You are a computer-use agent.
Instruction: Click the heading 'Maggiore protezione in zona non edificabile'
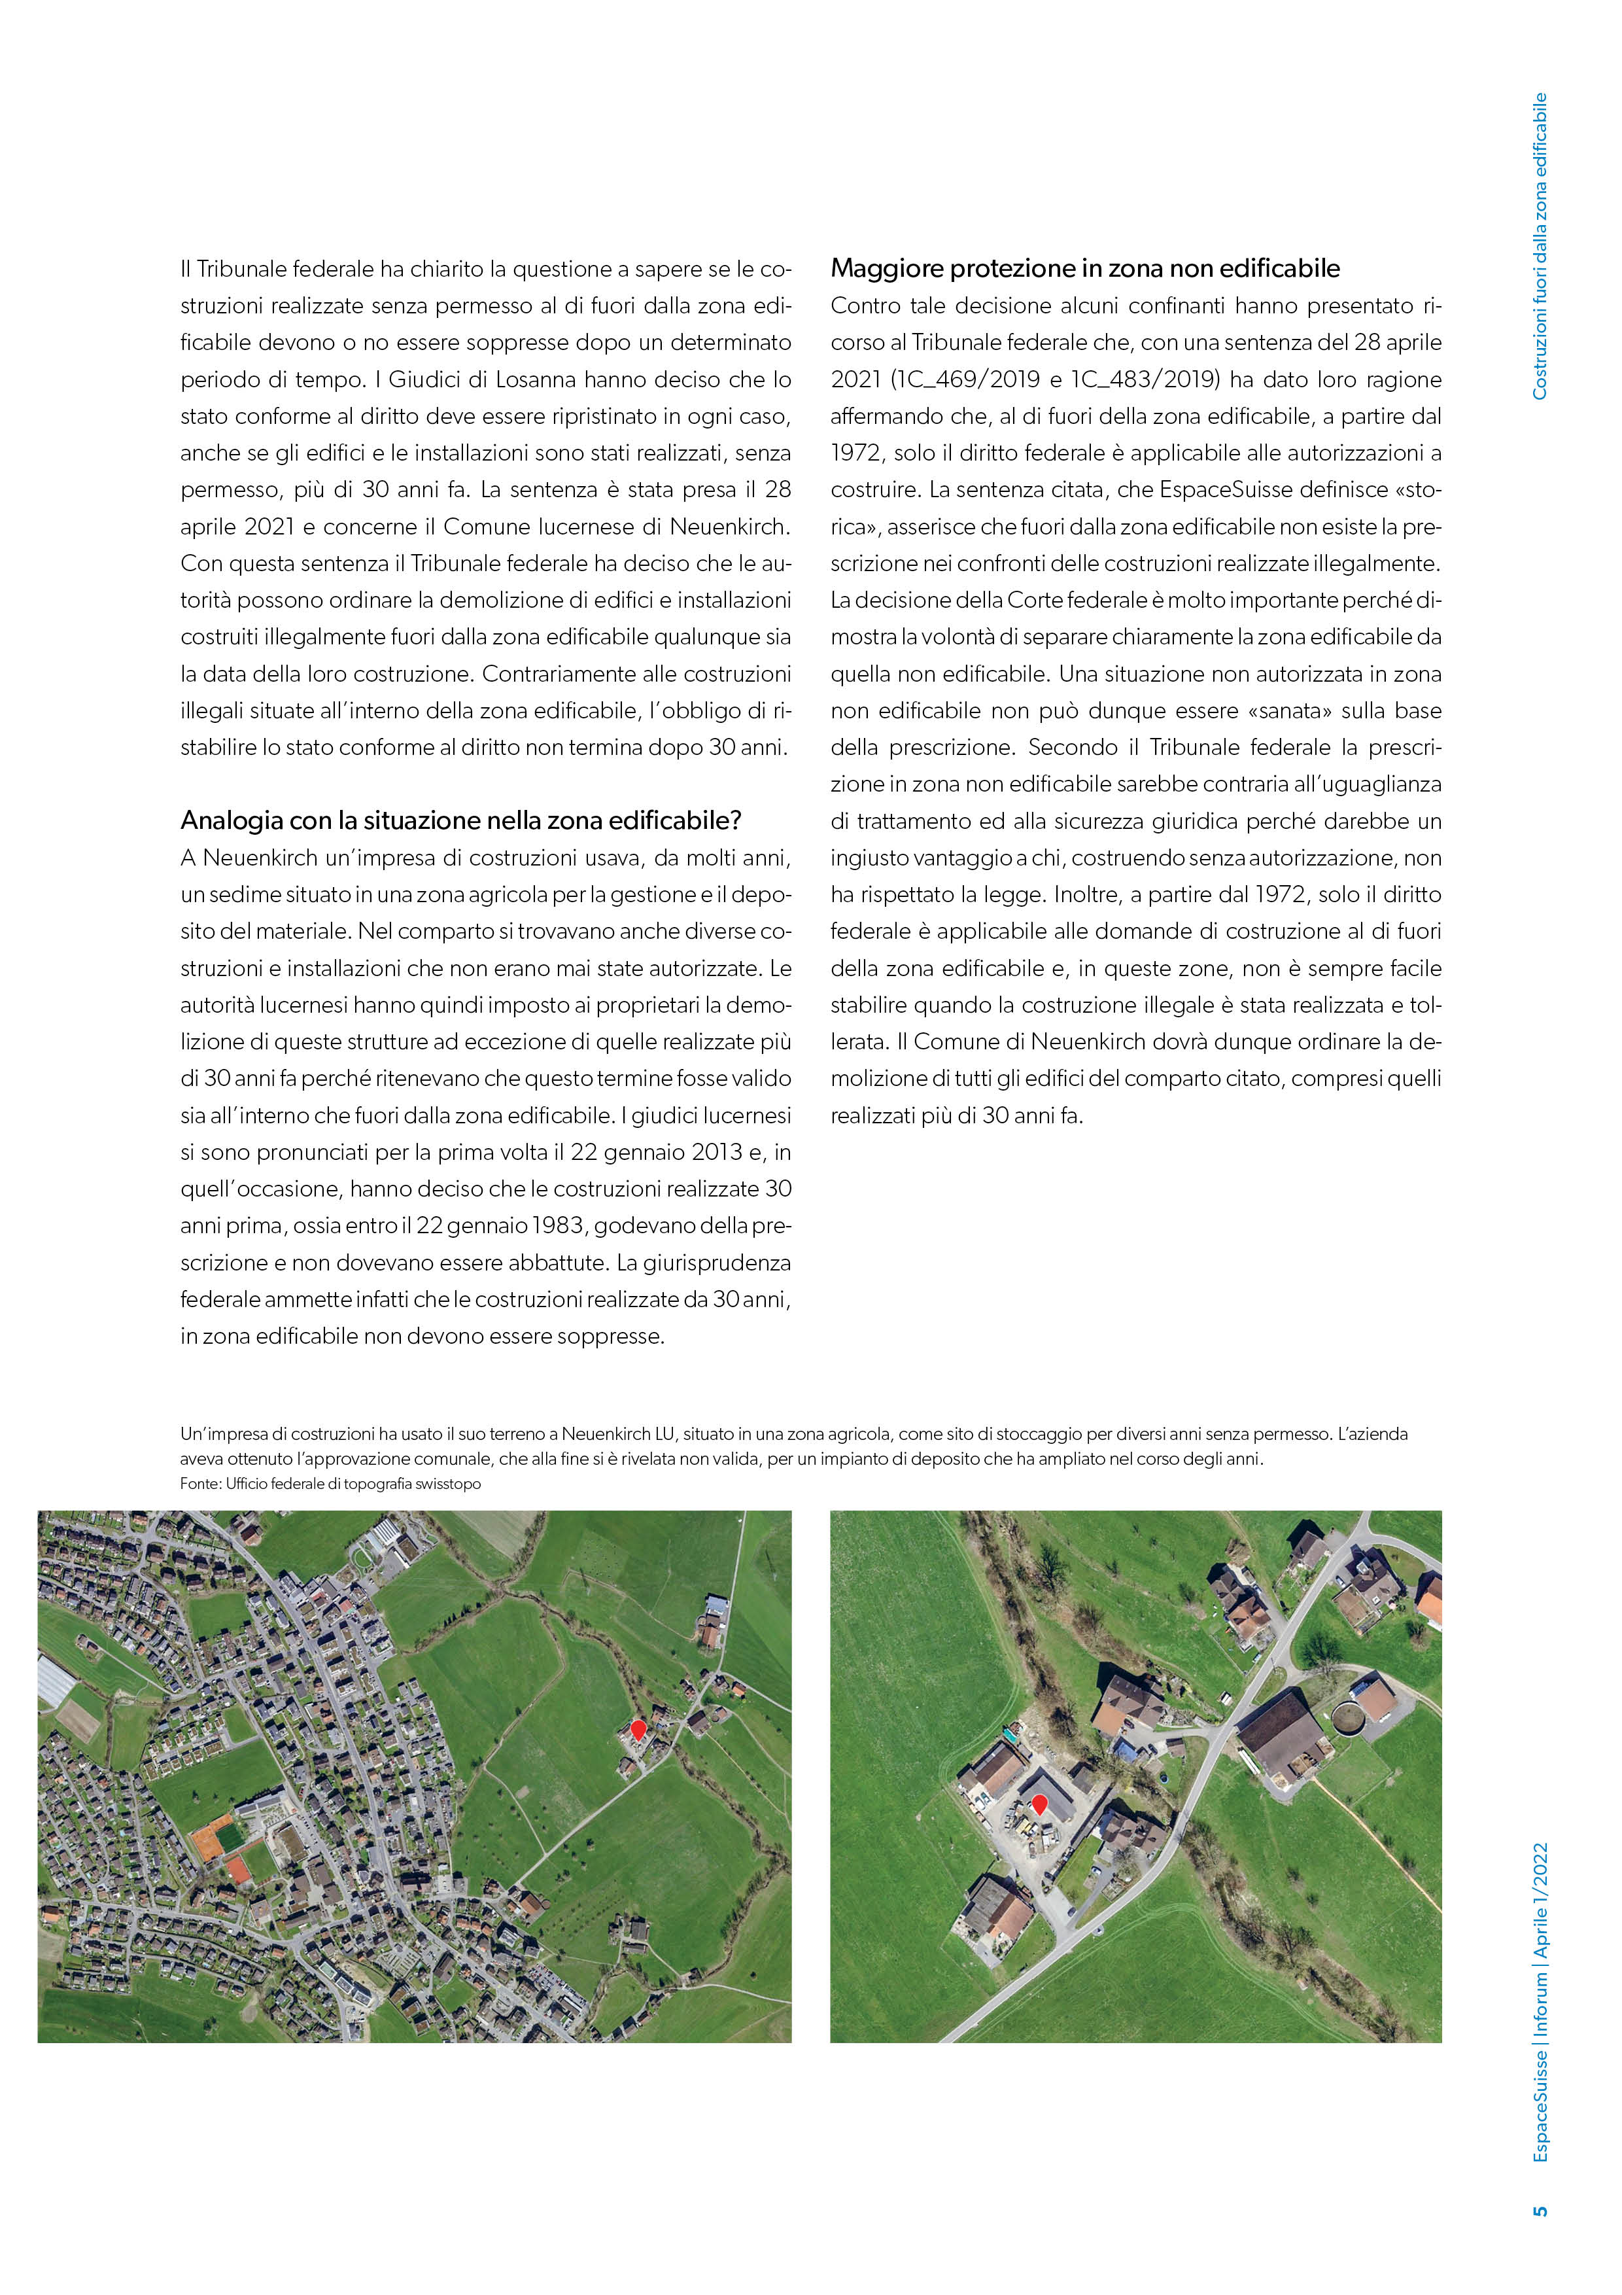(1084, 269)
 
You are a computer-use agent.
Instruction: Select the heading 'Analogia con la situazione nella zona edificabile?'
(460, 820)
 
